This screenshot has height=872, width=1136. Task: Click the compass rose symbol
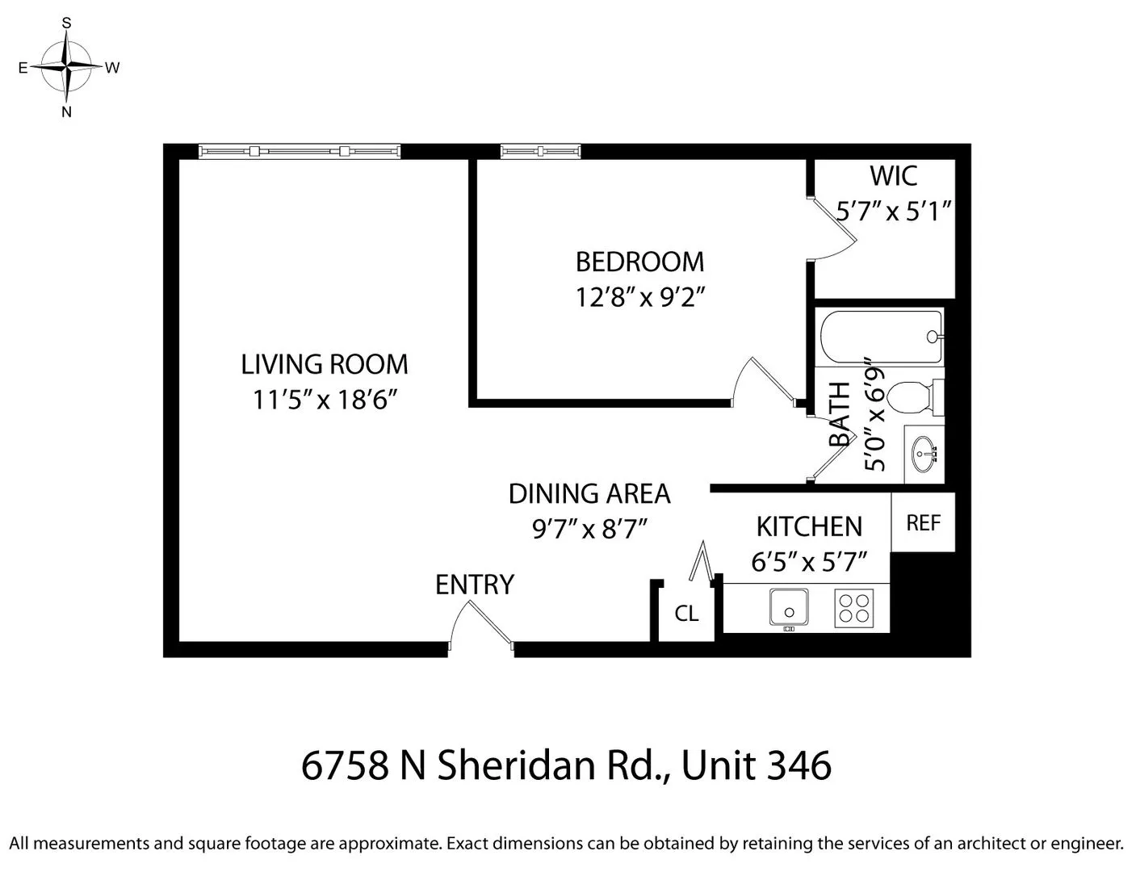[68, 67]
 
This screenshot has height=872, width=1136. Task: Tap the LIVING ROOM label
[325, 364]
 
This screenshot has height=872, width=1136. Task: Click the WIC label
[893, 175]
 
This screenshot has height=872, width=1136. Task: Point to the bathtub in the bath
[881, 337]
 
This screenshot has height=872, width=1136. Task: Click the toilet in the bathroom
[913, 396]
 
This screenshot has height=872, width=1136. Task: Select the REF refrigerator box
[923, 522]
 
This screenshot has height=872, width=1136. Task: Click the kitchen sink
[789, 607]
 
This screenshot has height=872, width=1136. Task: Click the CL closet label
[686, 614]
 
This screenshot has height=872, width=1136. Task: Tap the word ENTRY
[474, 585]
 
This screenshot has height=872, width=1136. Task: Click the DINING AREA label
[589, 493]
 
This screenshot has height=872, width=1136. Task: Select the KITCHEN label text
[809, 526]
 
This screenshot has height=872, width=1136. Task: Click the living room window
[299, 151]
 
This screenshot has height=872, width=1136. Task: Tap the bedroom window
[540, 151]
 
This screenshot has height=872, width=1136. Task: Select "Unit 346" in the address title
[757, 765]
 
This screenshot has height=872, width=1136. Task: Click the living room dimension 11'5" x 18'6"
[326, 400]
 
